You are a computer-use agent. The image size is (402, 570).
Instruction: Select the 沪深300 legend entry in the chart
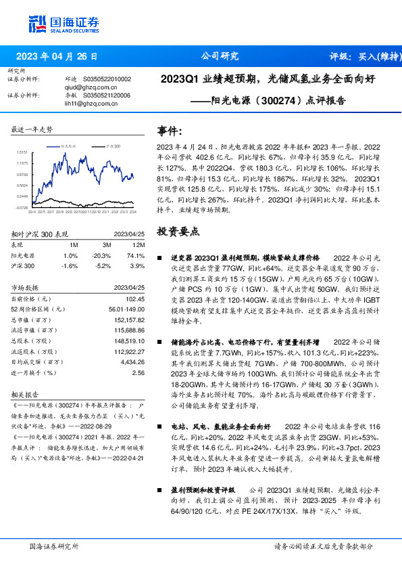point(112,146)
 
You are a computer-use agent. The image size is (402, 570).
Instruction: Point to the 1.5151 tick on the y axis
point(22,153)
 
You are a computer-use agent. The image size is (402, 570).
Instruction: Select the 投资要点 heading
point(178,232)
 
